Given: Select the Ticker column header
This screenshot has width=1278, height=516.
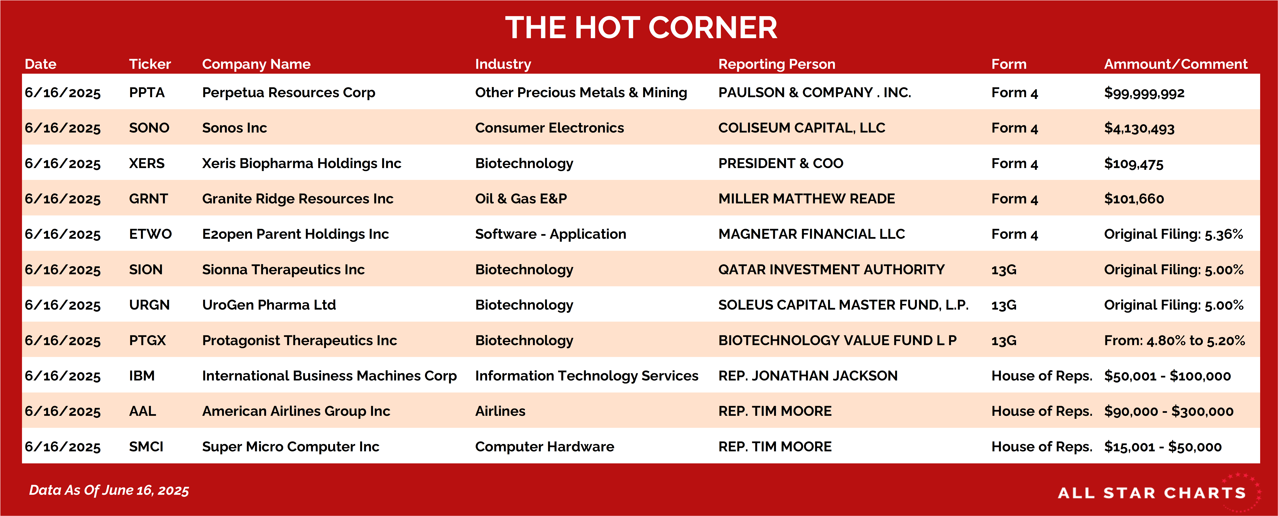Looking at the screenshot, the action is point(150,64).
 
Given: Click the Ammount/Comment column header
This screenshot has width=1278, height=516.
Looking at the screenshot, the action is point(1175,64).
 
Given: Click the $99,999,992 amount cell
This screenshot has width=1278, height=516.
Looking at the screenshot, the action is point(1144,93).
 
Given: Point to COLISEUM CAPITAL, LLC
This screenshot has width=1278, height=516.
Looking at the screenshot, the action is point(802,128).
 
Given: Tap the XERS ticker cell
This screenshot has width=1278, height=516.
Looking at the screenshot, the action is point(147,163).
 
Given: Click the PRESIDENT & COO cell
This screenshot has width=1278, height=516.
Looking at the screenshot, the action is point(781,163).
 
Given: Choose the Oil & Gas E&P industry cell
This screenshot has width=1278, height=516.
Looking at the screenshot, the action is point(521,199).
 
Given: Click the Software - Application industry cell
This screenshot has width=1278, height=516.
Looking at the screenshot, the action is point(551,234).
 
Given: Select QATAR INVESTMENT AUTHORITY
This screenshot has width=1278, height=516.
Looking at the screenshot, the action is point(832,269).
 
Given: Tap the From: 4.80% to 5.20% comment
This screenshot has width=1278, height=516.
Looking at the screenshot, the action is point(1174,340).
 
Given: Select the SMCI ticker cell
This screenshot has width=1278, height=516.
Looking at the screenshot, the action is point(146,446).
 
